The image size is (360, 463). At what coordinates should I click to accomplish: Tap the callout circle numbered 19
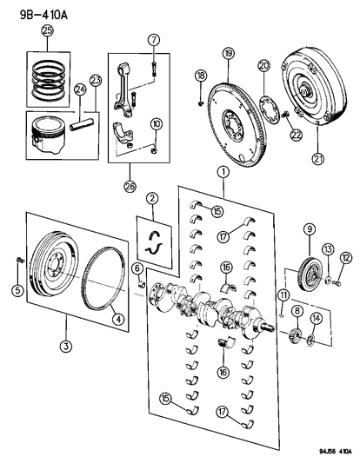point(229,54)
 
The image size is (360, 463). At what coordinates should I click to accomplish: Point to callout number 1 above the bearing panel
point(223,173)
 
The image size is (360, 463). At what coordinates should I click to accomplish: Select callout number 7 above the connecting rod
point(153,39)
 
